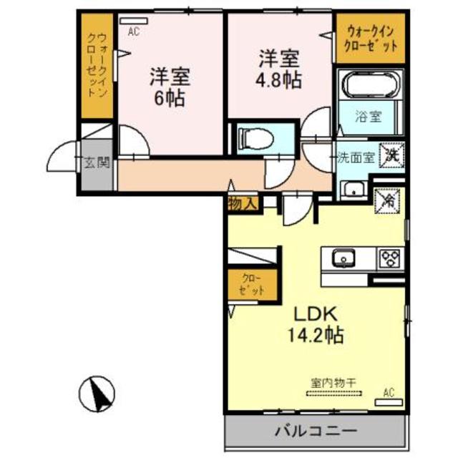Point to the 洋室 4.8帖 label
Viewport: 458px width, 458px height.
(279, 67)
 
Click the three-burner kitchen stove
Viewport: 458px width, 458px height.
(391, 257)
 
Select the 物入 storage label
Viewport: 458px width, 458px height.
(242, 203)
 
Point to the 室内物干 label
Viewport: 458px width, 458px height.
(333, 384)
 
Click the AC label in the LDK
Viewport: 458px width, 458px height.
(389, 391)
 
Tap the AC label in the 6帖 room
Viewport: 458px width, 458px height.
(134, 32)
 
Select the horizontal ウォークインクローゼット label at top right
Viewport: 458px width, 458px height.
(371, 38)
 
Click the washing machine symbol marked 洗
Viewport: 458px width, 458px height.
(392, 155)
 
